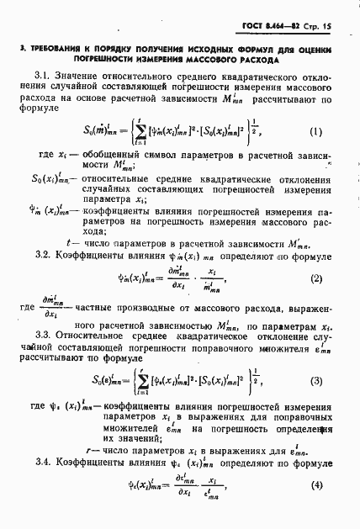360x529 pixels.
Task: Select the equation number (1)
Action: point(315,131)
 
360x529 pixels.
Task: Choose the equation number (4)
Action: point(315,507)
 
